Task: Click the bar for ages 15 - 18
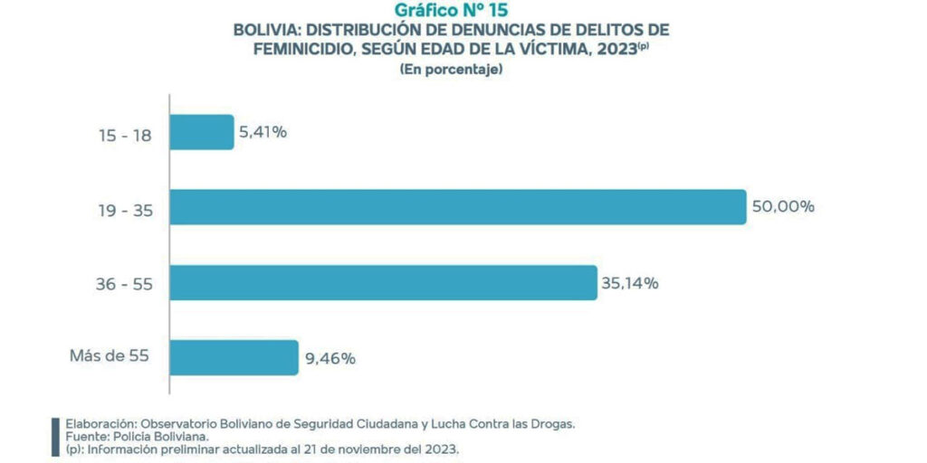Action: [x=202, y=132]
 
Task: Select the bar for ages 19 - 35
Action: [x=457, y=207]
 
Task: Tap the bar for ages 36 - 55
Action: [x=383, y=282]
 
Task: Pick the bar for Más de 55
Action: [x=234, y=357]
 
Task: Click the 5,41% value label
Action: [x=263, y=133]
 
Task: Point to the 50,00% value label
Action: [x=783, y=207]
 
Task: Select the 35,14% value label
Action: [x=629, y=283]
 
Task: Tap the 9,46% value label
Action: [x=330, y=358]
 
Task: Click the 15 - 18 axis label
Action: [x=125, y=137]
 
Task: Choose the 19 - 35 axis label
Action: [x=125, y=212]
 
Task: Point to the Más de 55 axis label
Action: [x=109, y=355]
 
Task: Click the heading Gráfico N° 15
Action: [x=450, y=12]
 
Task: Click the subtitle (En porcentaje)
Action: [x=450, y=70]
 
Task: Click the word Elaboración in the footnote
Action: [x=99, y=423]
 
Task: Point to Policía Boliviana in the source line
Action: [x=144, y=436]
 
